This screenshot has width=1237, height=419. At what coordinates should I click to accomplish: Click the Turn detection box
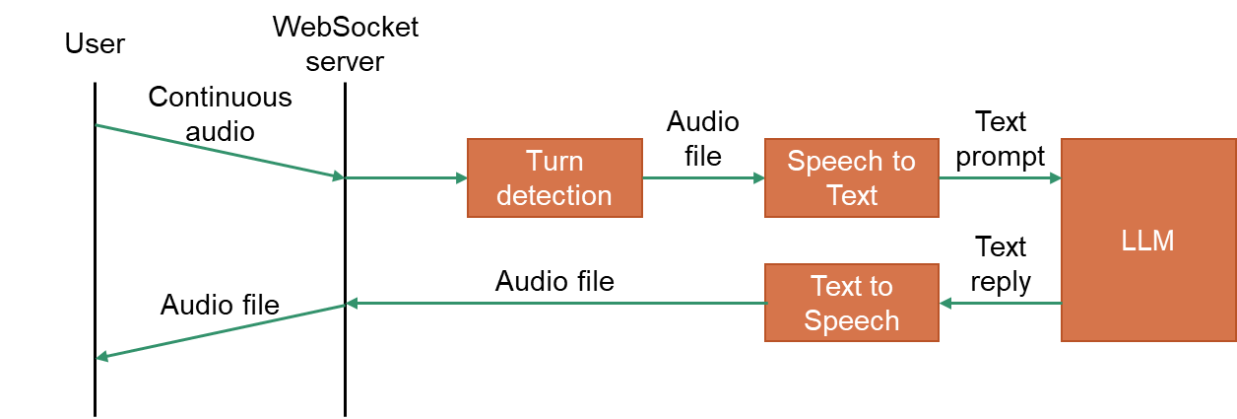pos(554,177)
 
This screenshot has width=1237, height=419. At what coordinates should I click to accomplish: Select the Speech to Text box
pos(851,177)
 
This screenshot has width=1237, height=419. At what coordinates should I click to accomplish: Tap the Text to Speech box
pos(851,303)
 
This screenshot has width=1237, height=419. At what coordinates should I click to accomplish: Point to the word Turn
pos(554,161)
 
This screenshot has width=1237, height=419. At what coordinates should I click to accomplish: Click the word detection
pos(554,195)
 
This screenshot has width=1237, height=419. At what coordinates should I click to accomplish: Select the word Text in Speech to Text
pos(852,195)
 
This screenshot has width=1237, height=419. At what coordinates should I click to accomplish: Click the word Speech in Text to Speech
pos(852,320)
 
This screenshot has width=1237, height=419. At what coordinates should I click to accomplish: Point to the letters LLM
pos(1147,241)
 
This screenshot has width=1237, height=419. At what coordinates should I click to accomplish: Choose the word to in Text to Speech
pos(880,286)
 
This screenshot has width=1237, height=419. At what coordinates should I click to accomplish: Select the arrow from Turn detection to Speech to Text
pos(703,177)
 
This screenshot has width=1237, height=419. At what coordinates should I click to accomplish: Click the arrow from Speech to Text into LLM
pos(1000,177)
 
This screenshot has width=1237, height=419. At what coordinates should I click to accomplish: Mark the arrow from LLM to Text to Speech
pos(1000,303)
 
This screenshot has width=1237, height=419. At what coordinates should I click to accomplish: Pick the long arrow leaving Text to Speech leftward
pos(556,303)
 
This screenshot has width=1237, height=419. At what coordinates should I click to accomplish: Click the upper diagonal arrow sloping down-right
pos(220,151)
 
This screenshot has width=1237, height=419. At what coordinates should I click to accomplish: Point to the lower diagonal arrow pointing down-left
pos(220,331)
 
